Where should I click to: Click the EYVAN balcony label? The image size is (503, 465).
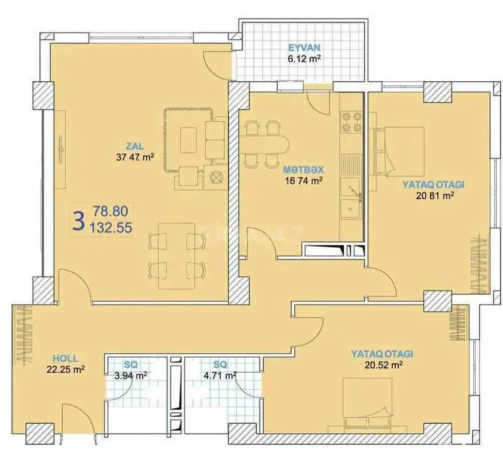tap(304, 48)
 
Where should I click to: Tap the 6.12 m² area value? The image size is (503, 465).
tap(304, 59)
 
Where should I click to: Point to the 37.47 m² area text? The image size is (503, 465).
tap(135, 156)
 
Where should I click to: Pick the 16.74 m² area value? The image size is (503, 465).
tap(303, 181)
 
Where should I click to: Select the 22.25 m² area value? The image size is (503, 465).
tap(66, 369)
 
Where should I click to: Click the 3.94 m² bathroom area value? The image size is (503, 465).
tap(131, 375)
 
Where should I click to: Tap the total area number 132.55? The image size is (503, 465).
tap(111, 228)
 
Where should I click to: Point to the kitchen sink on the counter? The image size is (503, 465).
tap(351, 186)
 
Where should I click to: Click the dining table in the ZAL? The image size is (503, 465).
tap(177, 255)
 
